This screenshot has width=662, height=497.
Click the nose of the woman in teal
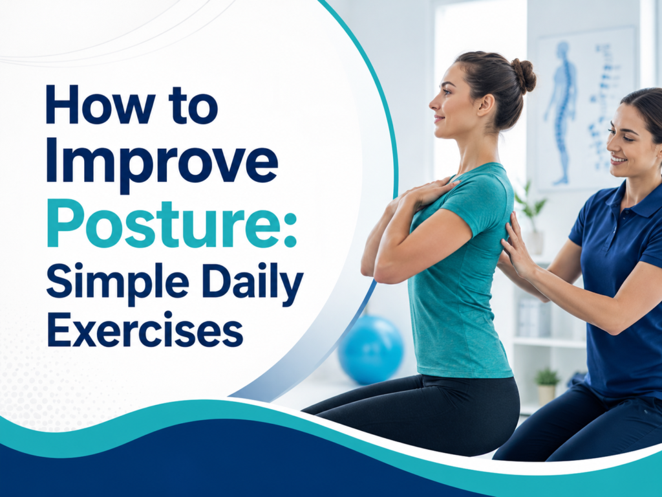pyautogui.click(x=433, y=102)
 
